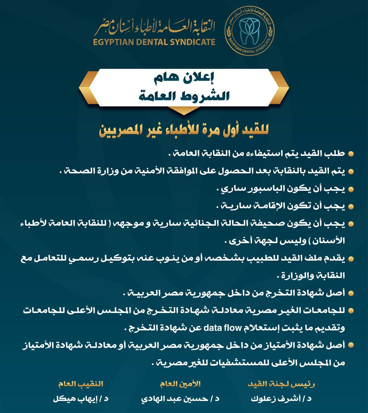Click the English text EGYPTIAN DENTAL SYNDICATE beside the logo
[154, 42]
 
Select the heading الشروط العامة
[184, 96]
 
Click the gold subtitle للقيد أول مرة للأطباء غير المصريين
[184, 130]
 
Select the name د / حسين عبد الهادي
[180, 399]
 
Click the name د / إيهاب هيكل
[81, 399]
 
